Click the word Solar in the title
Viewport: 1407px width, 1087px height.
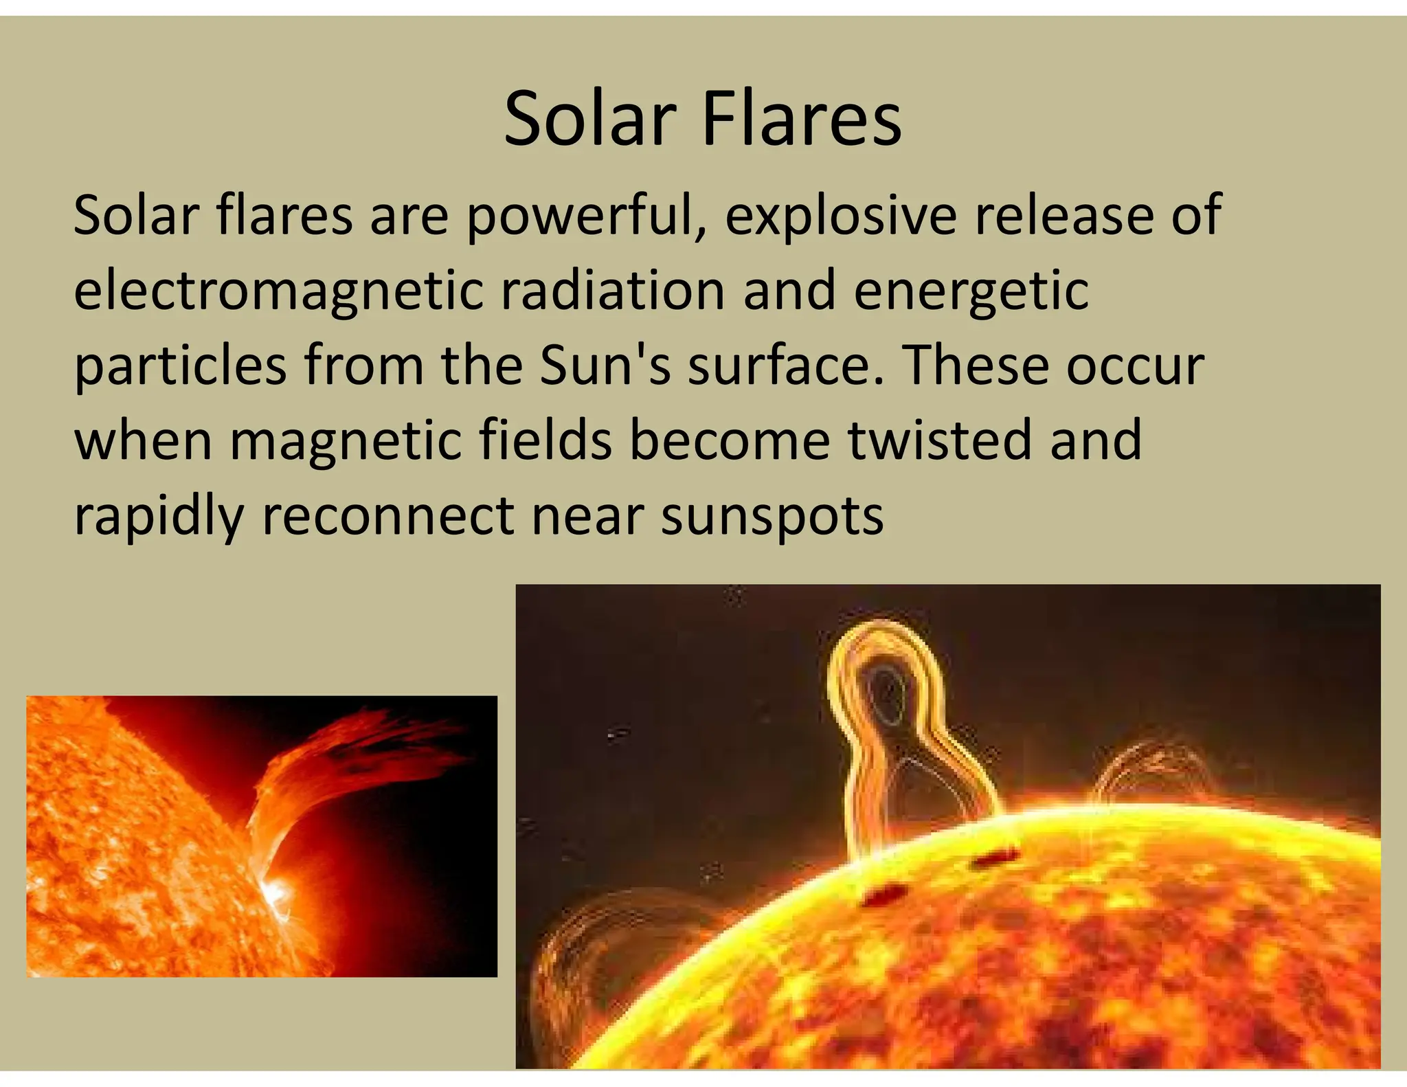coord(590,120)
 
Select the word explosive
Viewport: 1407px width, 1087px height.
coord(840,216)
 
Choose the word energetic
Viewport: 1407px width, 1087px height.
coord(971,291)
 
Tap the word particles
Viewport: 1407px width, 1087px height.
coord(180,366)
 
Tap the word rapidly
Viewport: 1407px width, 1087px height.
coord(159,517)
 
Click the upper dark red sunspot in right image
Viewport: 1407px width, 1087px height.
coord(993,858)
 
